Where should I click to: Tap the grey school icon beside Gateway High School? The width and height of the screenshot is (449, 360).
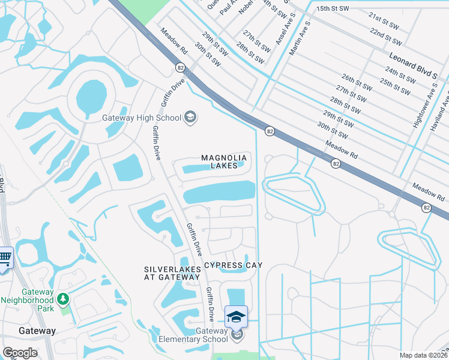(x=190, y=116)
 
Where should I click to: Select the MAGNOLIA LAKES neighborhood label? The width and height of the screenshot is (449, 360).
(x=224, y=161)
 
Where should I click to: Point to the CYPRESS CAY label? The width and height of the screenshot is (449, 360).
(x=234, y=265)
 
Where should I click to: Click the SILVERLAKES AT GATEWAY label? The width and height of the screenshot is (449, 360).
(x=172, y=273)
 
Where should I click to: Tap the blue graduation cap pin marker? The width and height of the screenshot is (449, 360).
(x=236, y=316)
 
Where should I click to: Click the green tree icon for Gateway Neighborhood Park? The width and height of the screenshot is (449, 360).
(x=63, y=298)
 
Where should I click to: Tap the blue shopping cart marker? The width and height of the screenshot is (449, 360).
(x=5, y=259)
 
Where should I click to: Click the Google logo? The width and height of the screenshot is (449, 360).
(x=20, y=353)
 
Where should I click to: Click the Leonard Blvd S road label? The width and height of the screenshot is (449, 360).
(x=412, y=65)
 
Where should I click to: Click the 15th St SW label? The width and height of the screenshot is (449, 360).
(x=333, y=9)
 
